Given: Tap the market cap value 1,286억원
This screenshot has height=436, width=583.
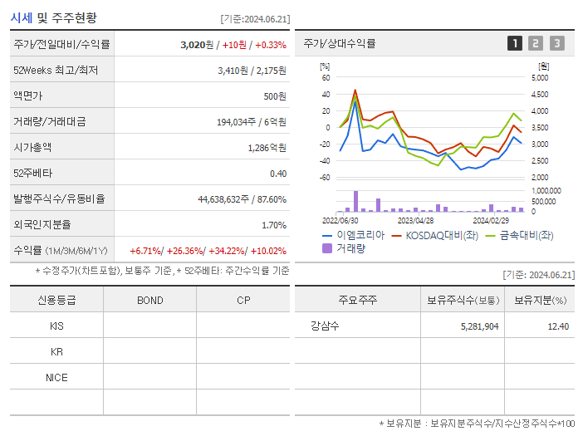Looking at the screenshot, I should pyautogui.click(x=267, y=148).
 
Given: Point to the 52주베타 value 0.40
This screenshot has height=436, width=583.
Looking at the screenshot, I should pyautogui.click(x=277, y=174).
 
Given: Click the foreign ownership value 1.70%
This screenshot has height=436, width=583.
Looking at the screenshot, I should pyautogui.click(x=273, y=225).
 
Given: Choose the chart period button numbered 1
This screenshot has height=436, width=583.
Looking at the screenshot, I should pyautogui.click(x=515, y=43).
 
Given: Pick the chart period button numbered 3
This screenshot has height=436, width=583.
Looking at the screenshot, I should pyautogui.click(x=556, y=43).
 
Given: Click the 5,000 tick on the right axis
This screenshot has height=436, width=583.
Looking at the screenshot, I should pyautogui.click(x=539, y=77).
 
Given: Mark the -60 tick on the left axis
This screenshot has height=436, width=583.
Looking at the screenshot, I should pyautogui.click(x=325, y=177).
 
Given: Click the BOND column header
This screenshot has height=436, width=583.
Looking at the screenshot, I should pyautogui.click(x=149, y=300).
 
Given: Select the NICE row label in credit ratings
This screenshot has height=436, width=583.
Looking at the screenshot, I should pyautogui.click(x=56, y=377).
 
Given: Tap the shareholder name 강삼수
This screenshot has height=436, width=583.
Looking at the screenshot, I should pyautogui.click(x=325, y=326).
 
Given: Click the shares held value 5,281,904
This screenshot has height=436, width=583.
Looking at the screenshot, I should pyautogui.click(x=479, y=326).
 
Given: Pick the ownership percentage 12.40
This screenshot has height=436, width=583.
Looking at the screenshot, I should pyautogui.click(x=558, y=326).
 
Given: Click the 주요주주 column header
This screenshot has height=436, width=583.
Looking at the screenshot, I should pyautogui.click(x=357, y=300).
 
